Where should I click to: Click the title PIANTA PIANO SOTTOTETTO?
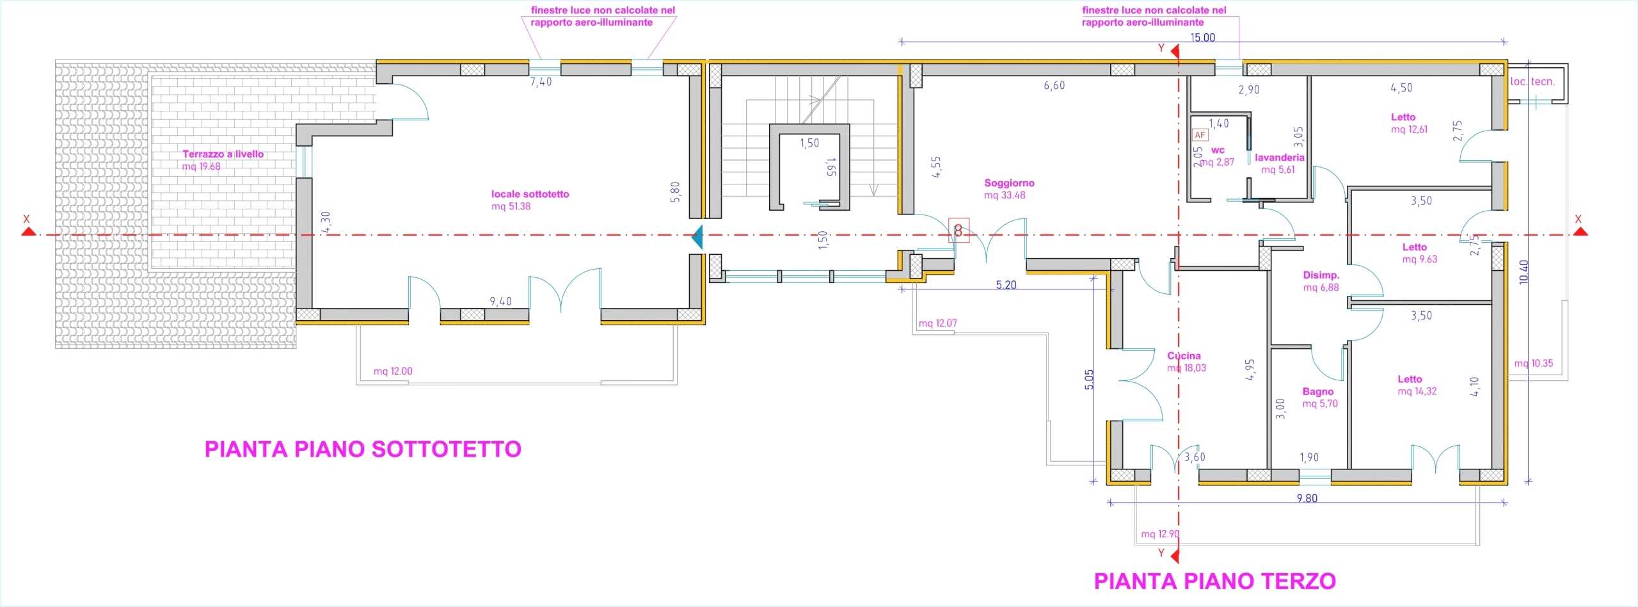363,449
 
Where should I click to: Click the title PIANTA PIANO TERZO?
1214,581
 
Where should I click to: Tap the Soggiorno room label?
1009,183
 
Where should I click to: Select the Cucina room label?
1184,356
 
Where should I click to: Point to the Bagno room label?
1318,392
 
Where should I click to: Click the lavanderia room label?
1279,158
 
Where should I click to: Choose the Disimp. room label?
1321,275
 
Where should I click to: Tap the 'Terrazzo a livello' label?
223,154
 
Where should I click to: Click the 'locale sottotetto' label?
530,194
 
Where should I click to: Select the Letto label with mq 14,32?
1410,379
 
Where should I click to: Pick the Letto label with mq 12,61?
1403,117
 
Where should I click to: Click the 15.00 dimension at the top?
1202,37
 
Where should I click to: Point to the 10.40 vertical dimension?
1523,271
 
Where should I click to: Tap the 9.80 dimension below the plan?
1307,498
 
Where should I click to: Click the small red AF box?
1200,135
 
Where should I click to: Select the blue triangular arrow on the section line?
698,237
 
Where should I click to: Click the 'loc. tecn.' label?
1532,81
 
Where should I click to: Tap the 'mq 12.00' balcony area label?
393,371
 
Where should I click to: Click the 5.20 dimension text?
1006,285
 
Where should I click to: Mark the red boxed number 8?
958,231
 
